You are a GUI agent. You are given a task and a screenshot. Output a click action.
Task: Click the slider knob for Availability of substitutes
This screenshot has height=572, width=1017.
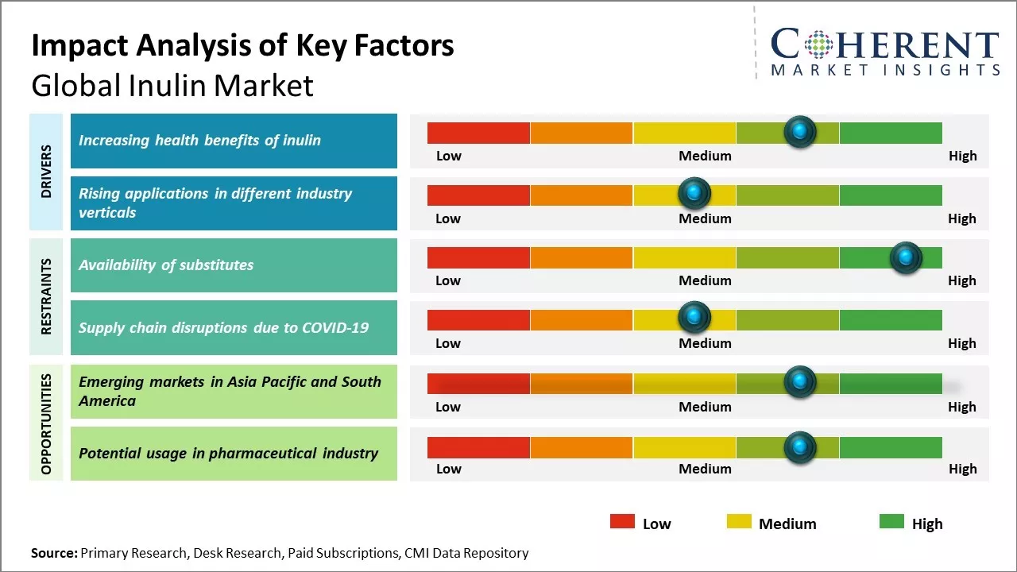pyautogui.click(x=905, y=257)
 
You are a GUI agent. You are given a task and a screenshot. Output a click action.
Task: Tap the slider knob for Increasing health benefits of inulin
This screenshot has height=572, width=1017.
pyautogui.click(x=799, y=131)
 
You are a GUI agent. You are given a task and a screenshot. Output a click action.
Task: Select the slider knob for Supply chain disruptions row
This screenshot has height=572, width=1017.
pyautogui.click(x=694, y=317)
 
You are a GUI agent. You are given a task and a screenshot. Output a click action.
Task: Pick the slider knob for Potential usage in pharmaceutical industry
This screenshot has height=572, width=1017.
pyautogui.click(x=799, y=447)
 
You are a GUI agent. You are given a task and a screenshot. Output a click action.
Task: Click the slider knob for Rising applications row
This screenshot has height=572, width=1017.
pyautogui.click(x=694, y=192)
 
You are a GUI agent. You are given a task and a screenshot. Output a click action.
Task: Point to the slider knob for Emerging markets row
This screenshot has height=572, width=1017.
pyautogui.click(x=799, y=381)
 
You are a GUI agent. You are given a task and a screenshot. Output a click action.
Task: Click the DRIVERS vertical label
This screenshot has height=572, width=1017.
pyautogui.click(x=46, y=172)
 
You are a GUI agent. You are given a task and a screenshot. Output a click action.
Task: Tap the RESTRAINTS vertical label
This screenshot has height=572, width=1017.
pyautogui.click(x=46, y=296)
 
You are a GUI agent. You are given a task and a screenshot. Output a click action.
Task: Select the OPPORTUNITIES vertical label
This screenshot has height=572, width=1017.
pyautogui.click(x=46, y=423)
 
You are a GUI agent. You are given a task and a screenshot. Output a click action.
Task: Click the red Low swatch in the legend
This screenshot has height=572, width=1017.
pyautogui.click(x=622, y=521)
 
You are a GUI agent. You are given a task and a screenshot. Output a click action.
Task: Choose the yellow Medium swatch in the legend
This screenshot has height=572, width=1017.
pyautogui.click(x=738, y=521)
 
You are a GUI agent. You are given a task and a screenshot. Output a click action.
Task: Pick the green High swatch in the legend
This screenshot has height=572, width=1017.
pyautogui.click(x=891, y=521)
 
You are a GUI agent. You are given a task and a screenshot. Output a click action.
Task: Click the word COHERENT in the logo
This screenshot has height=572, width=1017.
pyautogui.click(x=885, y=45)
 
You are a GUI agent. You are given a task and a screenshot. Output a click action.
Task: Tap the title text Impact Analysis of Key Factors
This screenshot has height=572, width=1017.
pyautogui.click(x=242, y=45)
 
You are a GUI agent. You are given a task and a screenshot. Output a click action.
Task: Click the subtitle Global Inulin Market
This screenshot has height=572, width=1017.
pyautogui.click(x=172, y=86)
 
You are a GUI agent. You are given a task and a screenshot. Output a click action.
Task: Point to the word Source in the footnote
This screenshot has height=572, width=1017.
pyautogui.click(x=53, y=553)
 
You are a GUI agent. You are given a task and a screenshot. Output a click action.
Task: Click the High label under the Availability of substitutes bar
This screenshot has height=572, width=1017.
pyautogui.click(x=961, y=280)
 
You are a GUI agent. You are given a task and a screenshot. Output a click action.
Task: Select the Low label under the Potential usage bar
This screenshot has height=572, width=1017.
pyautogui.click(x=448, y=469)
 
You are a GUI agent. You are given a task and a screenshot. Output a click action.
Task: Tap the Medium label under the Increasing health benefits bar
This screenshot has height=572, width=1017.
pyautogui.click(x=705, y=156)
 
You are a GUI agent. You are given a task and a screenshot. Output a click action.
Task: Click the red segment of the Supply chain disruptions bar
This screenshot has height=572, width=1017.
pyautogui.click(x=478, y=320)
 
